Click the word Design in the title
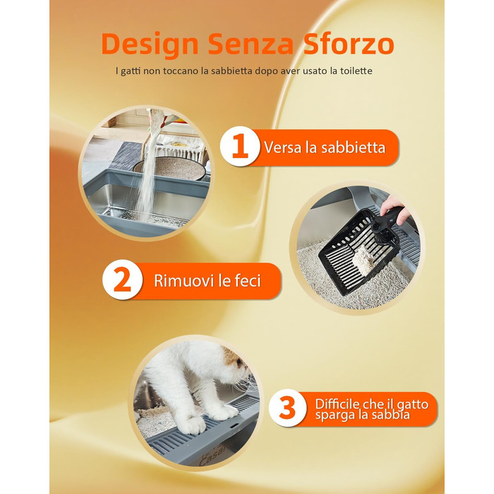(150, 44)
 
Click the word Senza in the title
(251, 44)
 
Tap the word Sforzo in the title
(349, 43)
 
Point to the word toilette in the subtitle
(356, 71)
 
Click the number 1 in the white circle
(240, 146)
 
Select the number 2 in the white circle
(122, 279)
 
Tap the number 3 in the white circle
(287, 408)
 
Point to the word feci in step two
(248, 280)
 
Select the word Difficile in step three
(337, 404)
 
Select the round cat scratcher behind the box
(170, 168)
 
